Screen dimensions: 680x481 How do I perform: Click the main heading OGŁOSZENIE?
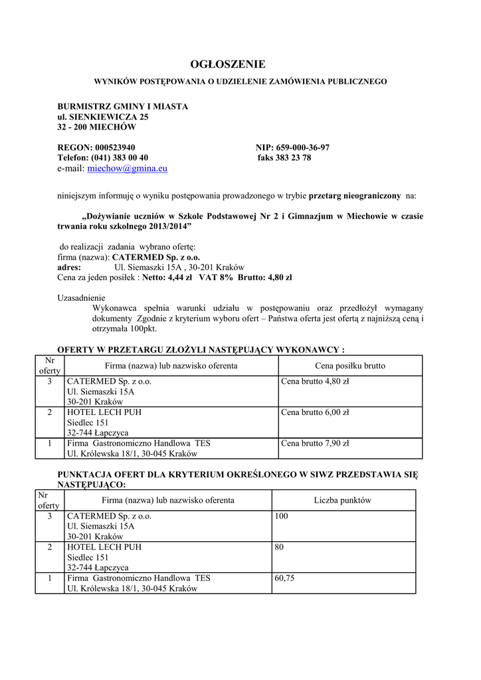tap(227, 64)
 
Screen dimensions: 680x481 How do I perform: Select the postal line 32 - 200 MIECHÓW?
tap(96, 127)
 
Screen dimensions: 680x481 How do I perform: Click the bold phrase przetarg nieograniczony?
tap(355, 196)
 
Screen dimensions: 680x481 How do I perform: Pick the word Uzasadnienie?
tap(81, 298)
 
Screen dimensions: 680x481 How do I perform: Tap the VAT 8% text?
tap(216, 277)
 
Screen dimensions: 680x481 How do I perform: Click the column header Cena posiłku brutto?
tap(349, 366)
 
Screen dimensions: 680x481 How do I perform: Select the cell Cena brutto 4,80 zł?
tap(315, 382)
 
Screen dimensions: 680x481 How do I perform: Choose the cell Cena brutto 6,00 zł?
tap(315, 412)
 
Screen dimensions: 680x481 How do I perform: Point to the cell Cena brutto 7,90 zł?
tap(315, 443)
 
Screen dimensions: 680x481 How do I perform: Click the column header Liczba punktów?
tap(343, 500)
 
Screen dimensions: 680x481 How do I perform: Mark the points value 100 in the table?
tap(281, 515)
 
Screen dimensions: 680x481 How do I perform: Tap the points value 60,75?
tap(284, 578)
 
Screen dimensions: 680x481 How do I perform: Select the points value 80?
tap(279, 547)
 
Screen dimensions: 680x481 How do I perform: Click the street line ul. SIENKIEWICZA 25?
tap(103, 117)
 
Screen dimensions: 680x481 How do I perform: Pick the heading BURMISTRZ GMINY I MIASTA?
tap(123, 106)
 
